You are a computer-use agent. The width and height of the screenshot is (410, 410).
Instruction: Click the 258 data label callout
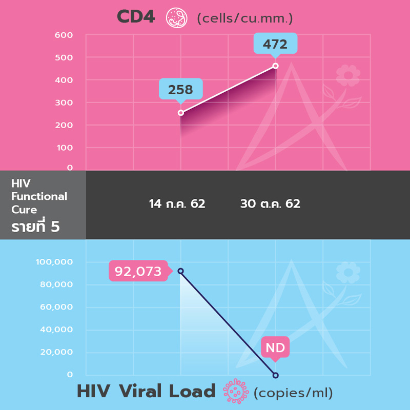[x=180, y=90]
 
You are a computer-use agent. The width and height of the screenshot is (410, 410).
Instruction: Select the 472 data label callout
[x=275, y=44]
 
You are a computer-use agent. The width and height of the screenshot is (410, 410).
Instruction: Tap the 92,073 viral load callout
[x=138, y=271]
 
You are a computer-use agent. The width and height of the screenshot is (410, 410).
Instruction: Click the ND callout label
[x=275, y=348]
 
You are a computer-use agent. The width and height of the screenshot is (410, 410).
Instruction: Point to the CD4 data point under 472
[x=276, y=66]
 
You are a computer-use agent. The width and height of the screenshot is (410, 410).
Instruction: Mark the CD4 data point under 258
[x=180, y=113]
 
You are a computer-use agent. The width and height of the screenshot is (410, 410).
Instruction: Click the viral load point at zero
[x=275, y=375]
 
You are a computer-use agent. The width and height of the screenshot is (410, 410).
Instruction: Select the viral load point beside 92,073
[x=180, y=271]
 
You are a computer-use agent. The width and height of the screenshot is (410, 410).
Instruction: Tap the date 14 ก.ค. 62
[x=177, y=204]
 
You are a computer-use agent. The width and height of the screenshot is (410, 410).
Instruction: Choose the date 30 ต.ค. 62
[x=270, y=204]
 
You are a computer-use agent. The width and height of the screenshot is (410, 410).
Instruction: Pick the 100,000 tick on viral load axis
[x=54, y=262]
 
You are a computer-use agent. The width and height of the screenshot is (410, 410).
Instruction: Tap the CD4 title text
[x=136, y=17]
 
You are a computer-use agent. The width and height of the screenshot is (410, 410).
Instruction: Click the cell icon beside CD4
[x=176, y=17]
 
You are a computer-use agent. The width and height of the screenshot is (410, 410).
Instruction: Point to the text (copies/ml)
[x=293, y=393]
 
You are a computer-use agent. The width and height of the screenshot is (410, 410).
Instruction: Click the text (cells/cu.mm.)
[x=245, y=19]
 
